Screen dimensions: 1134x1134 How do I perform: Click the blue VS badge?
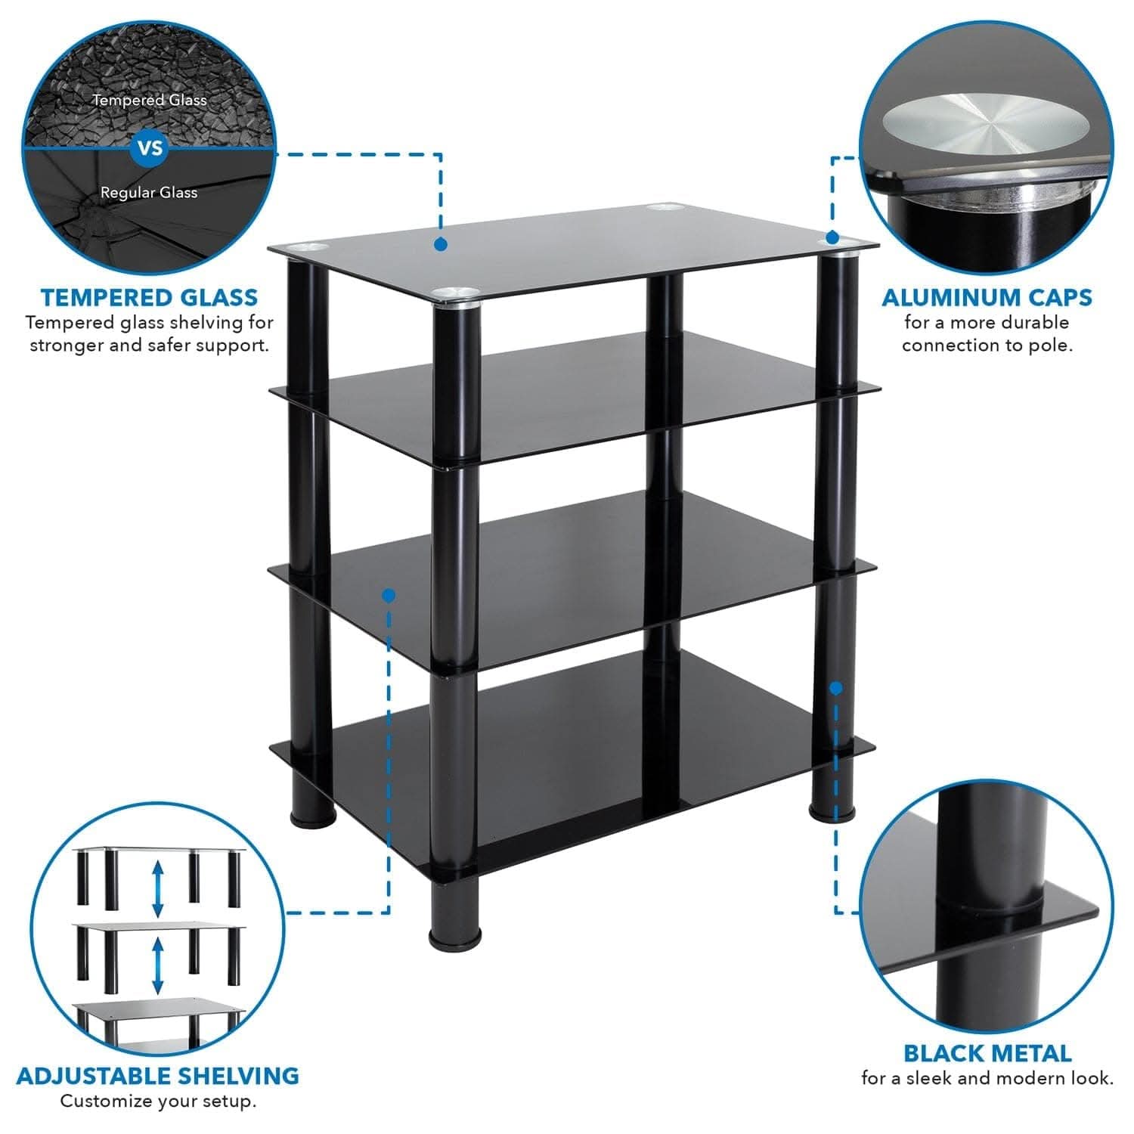coord(150,147)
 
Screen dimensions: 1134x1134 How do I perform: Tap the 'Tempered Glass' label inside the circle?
coord(150,100)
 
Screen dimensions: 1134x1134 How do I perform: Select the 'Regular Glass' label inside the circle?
coord(149,193)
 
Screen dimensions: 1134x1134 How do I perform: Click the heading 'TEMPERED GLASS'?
coord(150,297)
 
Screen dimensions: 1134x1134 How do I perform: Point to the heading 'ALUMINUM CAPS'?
coord(987,297)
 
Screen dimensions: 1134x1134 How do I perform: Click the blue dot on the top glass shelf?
coord(441,244)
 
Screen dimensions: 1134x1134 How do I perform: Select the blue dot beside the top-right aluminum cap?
coord(832,237)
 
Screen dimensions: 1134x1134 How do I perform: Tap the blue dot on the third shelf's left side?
coord(389,596)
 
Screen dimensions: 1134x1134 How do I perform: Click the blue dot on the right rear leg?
coord(835,688)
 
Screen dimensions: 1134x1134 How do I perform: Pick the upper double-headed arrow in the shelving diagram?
coord(158,890)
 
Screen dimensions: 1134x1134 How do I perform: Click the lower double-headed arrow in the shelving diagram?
coord(158,965)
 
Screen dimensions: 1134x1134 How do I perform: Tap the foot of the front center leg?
coord(455,936)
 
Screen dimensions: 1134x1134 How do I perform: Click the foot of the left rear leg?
coord(312,816)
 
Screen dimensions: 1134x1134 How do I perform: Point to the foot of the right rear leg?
coord(830,811)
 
